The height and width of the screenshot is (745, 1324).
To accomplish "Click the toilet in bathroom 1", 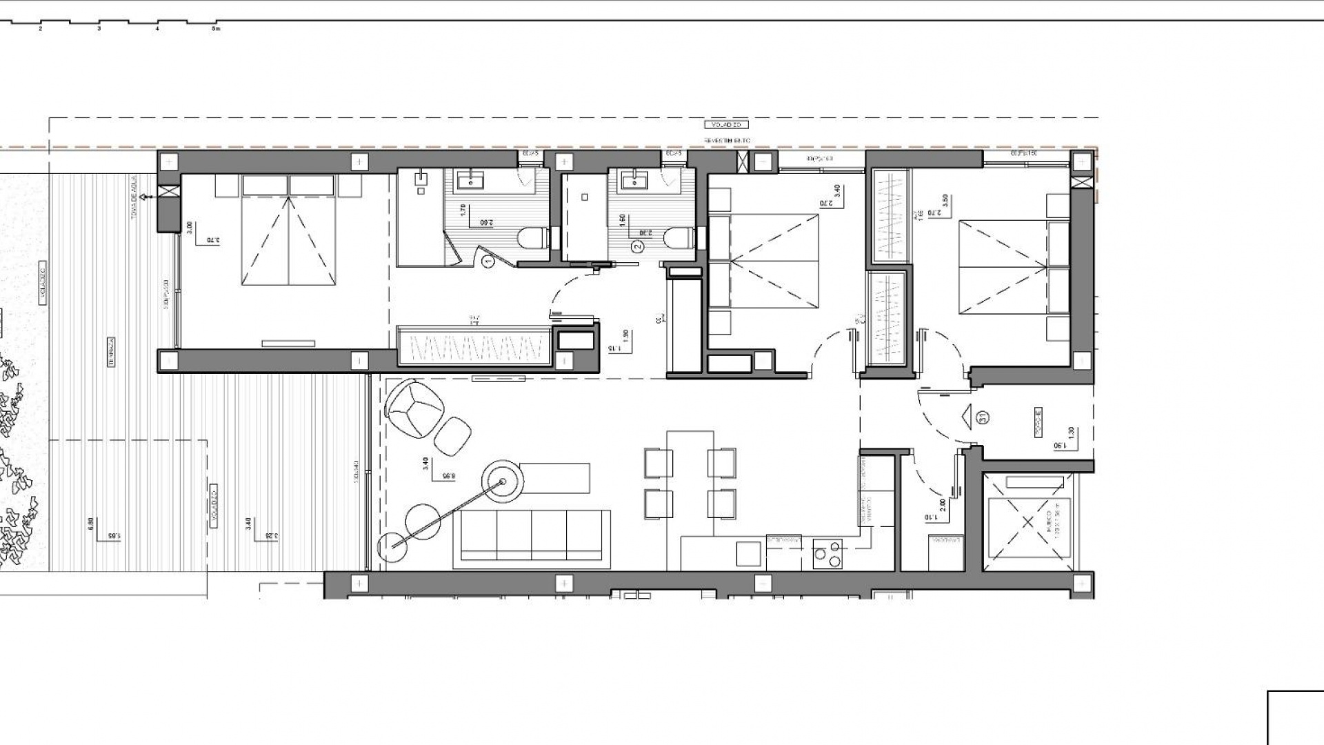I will coord(532,239).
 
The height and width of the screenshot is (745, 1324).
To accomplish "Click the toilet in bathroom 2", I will coord(678,239).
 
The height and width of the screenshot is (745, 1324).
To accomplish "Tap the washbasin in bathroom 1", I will coord(471,182).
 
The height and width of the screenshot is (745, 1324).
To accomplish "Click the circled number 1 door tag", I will coord(489,261).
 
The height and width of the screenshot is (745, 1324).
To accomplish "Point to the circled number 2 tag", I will coord(637,246).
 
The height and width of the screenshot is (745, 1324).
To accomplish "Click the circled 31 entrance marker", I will coord(982,417).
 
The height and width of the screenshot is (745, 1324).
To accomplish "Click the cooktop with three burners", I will coord(827,553).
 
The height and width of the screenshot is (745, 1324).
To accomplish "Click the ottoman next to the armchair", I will coord(452,436).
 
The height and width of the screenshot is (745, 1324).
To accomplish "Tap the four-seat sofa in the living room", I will coord(532,538).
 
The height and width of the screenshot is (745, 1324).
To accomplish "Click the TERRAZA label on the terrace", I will coord(110,351).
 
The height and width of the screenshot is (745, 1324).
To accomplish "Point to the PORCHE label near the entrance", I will coord(1038,421).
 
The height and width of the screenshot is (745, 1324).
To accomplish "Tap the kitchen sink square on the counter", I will coord(749,553).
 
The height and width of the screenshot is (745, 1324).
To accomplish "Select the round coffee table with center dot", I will coord(503,481).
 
